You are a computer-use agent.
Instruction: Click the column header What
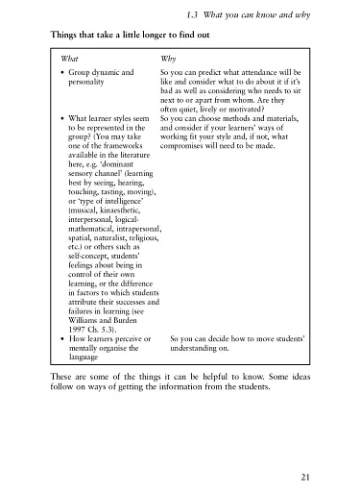pos(70,58)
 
